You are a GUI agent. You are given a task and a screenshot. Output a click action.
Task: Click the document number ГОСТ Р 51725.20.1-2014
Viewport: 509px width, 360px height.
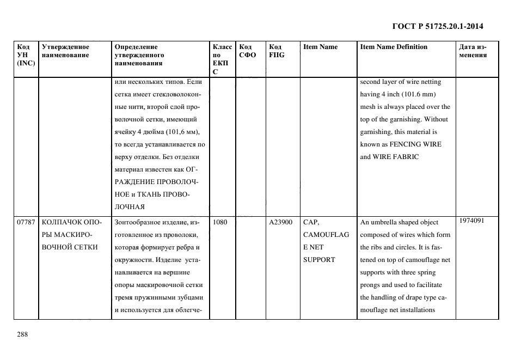pos(438,26)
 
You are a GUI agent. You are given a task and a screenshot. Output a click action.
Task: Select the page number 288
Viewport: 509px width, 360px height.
pos(22,334)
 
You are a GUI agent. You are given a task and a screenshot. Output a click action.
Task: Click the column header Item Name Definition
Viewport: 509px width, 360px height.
pos(394,47)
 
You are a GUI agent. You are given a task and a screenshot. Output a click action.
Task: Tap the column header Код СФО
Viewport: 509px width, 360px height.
pos(247,51)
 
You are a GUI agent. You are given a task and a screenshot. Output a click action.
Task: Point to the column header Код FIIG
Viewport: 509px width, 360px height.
pos(277,51)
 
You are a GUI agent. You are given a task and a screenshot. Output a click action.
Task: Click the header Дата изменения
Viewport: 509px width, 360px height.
pos(473,51)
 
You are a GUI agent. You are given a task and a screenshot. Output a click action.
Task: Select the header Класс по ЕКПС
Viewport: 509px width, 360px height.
pos(222,59)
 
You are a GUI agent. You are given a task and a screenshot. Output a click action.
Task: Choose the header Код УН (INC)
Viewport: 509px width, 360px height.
pos(26,54)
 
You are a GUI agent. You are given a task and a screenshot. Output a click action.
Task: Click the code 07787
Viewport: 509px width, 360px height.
pos(26,222)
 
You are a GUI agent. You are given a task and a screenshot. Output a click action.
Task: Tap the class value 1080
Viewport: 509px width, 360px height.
pos(220,222)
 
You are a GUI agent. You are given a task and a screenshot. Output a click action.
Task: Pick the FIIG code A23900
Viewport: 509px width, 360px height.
pos(281,222)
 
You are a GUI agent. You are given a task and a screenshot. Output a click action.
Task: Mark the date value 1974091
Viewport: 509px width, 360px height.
pos(471,221)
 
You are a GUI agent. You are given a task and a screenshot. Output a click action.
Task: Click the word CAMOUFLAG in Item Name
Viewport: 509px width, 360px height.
pos(326,235)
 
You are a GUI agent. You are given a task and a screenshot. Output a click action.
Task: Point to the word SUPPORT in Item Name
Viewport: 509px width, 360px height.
pos(319,260)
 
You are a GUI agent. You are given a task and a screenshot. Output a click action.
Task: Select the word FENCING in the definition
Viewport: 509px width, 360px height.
pos(414,144)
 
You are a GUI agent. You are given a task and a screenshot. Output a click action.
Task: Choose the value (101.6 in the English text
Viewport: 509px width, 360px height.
pos(416,94)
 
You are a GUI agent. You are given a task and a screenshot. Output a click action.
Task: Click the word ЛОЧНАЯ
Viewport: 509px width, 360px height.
pos(130,207)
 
